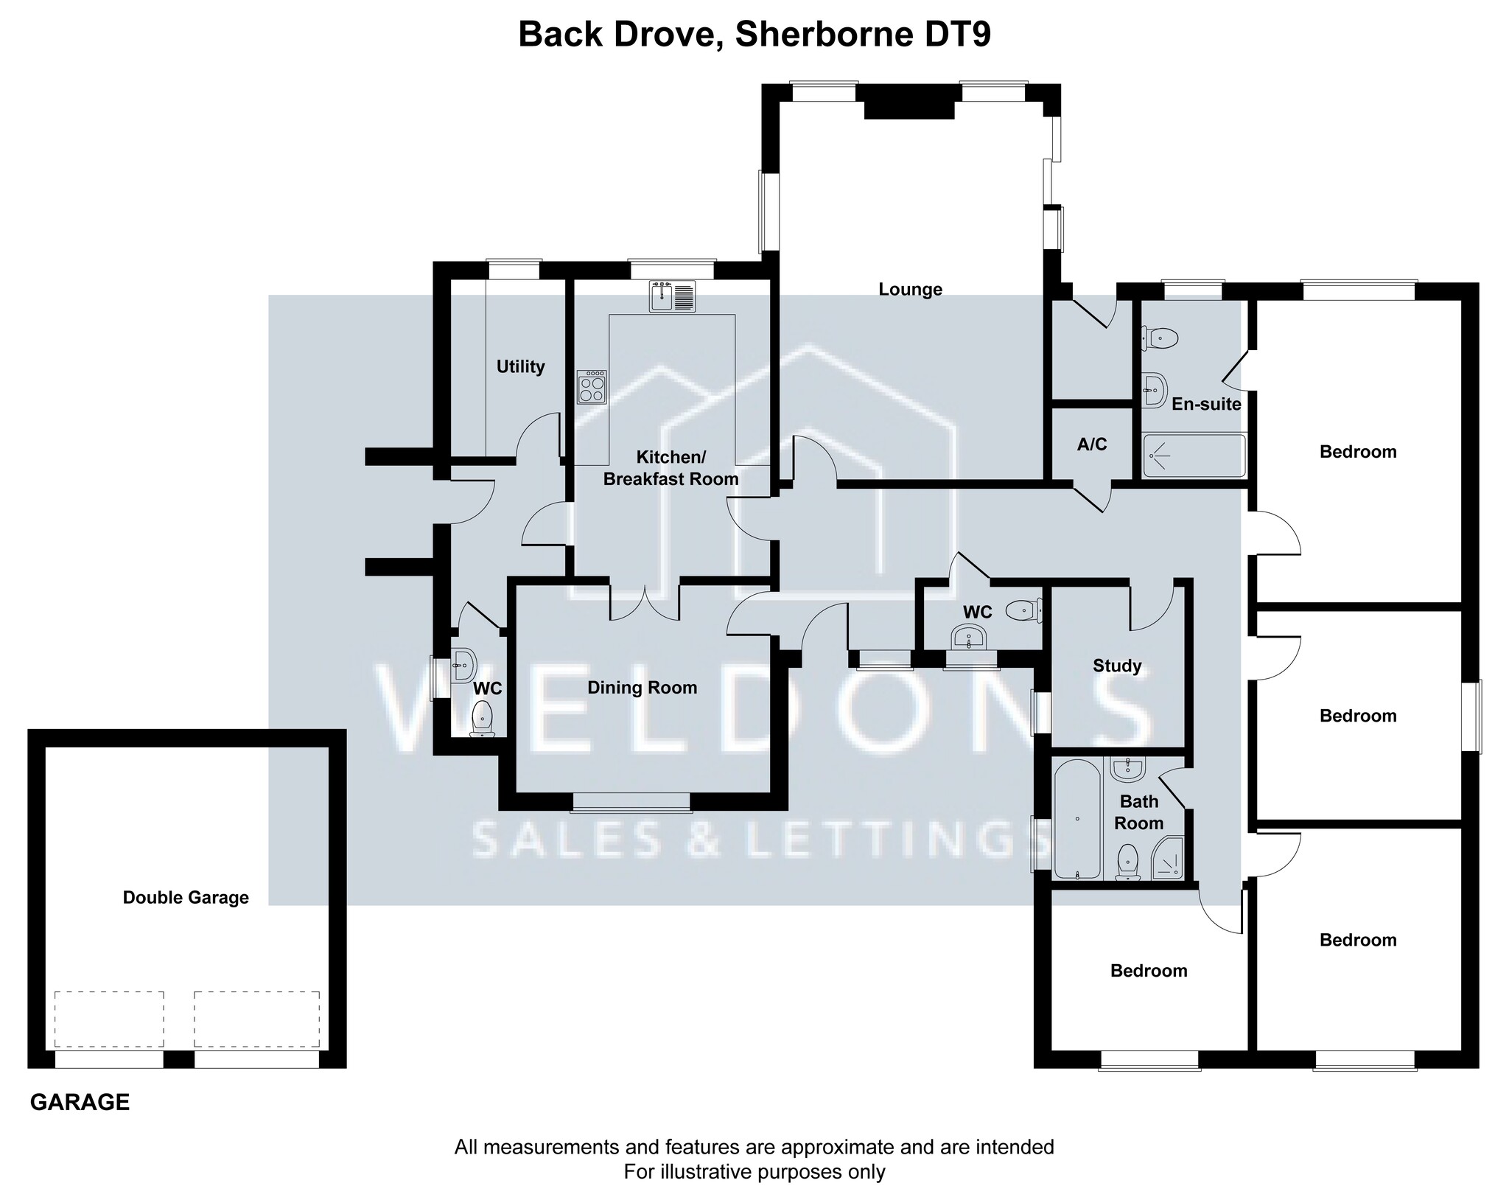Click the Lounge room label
point(910,290)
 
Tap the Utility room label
point(520,366)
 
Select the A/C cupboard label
point(1092,444)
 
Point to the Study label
point(1117,666)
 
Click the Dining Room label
point(642,688)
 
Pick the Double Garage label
point(186,898)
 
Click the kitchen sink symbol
point(672,297)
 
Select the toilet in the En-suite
point(1160,338)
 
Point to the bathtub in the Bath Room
point(1077,820)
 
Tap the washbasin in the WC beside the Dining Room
point(463,666)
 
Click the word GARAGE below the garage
point(80,1103)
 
